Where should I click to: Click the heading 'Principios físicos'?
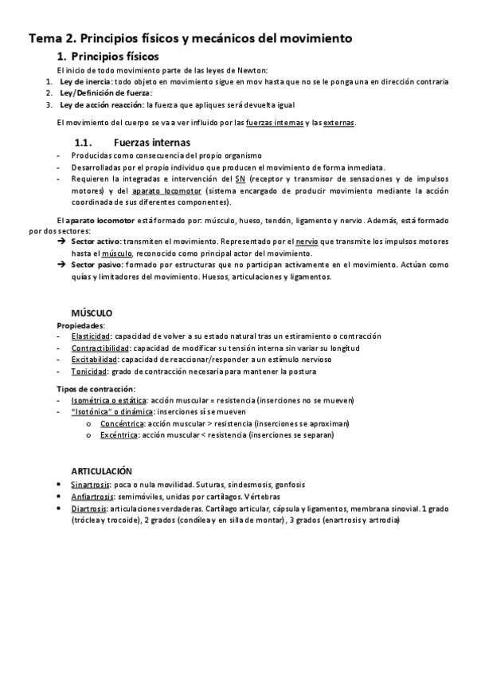click(115, 57)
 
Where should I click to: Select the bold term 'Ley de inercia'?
click(87, 81)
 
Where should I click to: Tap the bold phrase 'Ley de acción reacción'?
click(100, 104)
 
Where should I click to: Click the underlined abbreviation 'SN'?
click(240, 179)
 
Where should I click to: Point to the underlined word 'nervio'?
click(307, 240)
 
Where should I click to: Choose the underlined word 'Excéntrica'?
click(119, 436)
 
